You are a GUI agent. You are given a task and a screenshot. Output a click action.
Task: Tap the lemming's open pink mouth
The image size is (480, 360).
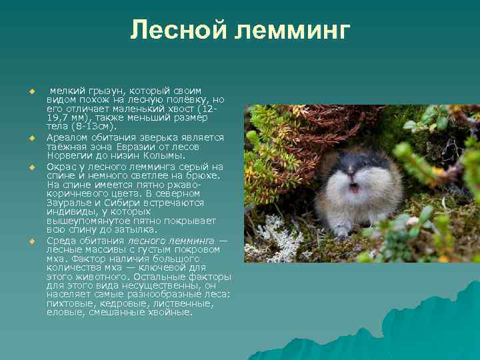(x=355, y=188)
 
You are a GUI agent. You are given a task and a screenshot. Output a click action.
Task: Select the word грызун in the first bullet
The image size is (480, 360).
(x=104, y=91)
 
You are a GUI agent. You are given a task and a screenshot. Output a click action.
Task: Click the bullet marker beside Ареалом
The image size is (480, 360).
(x=31, y=137)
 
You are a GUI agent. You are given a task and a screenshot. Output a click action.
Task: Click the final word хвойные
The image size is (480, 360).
(x=170, y=312)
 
